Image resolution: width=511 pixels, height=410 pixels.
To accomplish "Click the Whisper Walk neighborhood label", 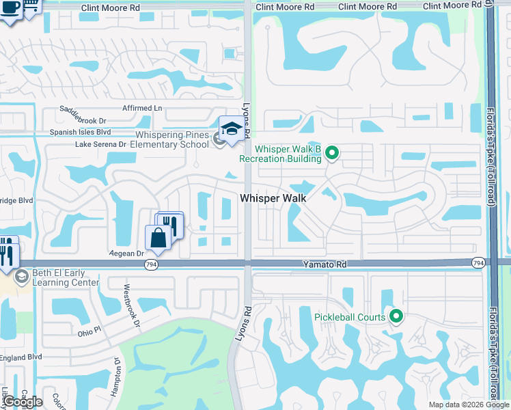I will (272, 197).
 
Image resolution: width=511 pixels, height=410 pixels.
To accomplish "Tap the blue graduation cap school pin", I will (232, 129).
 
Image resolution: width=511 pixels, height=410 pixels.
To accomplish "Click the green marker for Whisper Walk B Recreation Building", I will (332, 152).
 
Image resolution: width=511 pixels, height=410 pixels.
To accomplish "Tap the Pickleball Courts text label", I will (349, 317).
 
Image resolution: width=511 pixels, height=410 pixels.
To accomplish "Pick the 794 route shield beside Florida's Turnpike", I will (478, 262).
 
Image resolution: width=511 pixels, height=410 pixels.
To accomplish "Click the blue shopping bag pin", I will (158, 238).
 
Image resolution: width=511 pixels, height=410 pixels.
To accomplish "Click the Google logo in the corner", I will (22, 401).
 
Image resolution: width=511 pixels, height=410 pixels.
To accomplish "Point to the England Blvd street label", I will (20, 357).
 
